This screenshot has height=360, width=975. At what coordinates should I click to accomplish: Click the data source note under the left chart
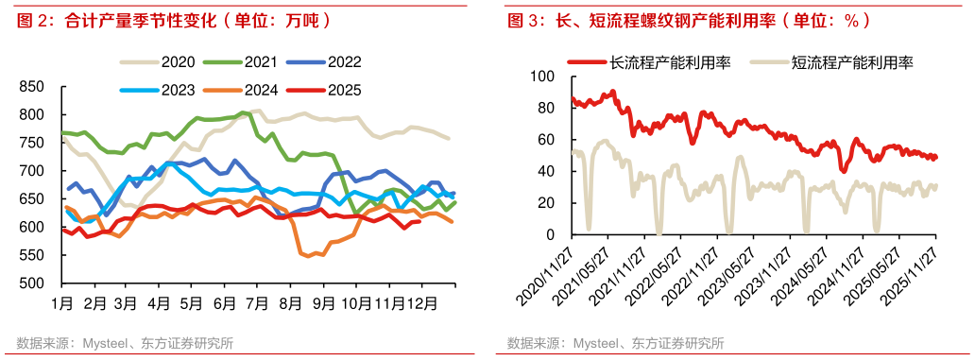tap(124, 342)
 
